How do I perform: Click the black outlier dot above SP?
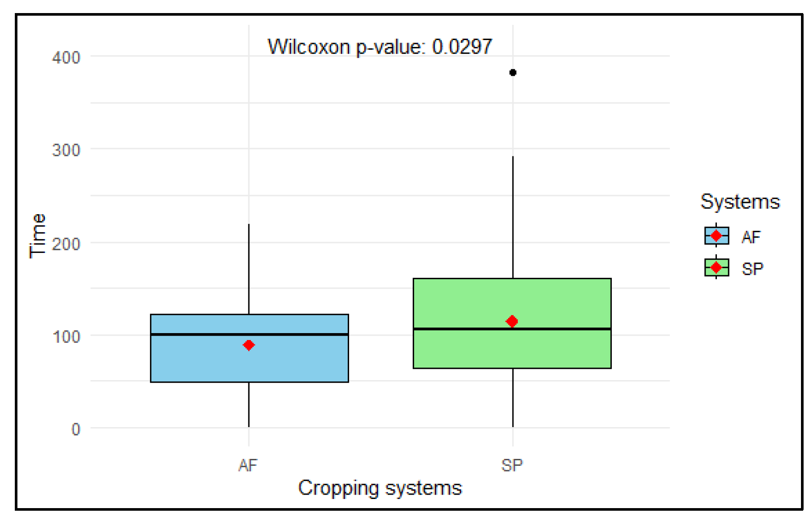(512, 72)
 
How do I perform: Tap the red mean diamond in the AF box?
(248, 345)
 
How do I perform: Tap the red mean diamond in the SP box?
(512, 321)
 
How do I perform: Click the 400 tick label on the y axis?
(66, 57)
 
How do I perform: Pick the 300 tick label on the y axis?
(66, 150)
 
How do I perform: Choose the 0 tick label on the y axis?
(76, 429)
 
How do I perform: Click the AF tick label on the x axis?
(248, 465)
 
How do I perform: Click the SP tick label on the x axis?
(512, 465)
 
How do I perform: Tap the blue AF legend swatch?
(716, 236)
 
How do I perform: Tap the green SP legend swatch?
(716, 267)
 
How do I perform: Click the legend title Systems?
(740, 202)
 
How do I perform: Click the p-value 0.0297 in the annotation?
(462, 47)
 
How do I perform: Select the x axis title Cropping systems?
(380, 488)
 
